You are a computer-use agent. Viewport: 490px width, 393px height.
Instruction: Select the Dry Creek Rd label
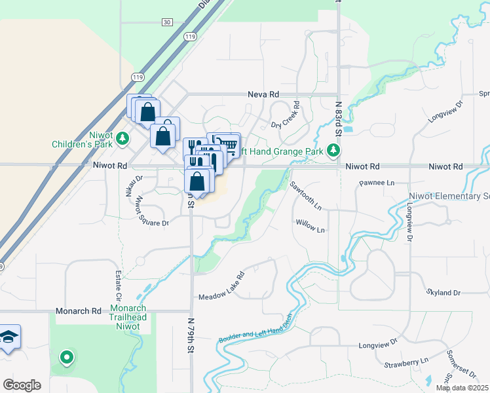[286, 115]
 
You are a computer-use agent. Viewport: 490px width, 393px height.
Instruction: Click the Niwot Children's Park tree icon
[122, 140]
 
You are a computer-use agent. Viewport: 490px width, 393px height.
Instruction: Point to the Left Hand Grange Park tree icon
[334, 151]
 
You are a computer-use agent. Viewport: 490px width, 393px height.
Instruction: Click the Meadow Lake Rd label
[221, 286]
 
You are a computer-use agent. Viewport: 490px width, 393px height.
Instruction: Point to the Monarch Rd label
[79, 311]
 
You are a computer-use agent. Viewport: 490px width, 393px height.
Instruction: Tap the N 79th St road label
[191, 337]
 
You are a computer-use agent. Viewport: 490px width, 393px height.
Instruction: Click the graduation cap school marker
[9, 337]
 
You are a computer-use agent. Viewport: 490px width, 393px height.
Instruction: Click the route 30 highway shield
[168, 22]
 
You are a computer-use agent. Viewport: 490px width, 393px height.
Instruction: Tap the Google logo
[22, 385]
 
